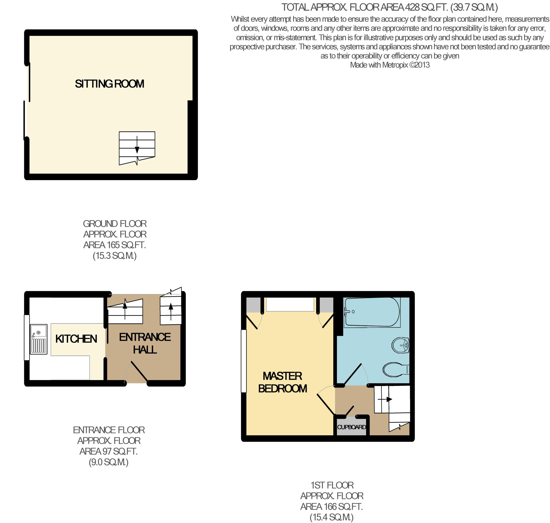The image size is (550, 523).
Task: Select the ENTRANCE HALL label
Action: click(x=145, y=343)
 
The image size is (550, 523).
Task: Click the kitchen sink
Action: click(x=39, y=339)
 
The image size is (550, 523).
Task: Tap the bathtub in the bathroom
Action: click(x=372, y=312)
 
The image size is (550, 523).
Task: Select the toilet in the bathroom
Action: click(x=396, y=370)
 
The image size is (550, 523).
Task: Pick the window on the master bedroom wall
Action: click(x=244, y=361)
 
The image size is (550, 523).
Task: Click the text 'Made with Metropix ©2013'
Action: click(x=390, y=65)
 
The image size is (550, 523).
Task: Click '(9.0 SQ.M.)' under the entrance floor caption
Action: click(x=108, y=462)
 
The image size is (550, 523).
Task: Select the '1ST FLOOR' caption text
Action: click(x=332, y=485)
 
